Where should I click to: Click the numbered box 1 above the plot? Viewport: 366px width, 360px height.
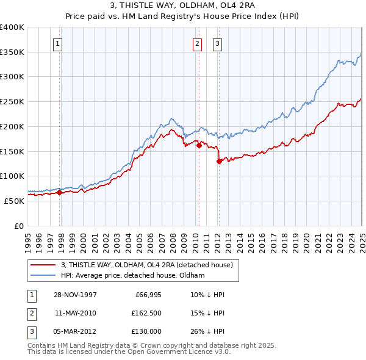pyautogui.click(x=57, y=43)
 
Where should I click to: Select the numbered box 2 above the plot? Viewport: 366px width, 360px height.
pyautogui.click(x=198, y=43)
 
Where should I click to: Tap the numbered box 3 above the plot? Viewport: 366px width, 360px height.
pyautogui.click(x=218, y=43)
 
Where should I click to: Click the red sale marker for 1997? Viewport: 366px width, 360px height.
pyautogui.click(x=60, y=192)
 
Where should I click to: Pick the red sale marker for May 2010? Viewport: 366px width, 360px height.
pyautogui.click(x=199, y=145)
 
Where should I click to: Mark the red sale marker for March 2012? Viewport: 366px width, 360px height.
pyautogui.click(x=219, y=161)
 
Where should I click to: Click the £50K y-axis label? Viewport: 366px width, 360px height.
pyautogui.click(x=15, y=201)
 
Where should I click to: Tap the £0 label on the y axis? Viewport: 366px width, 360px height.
pyautogui.click(x=20, y=226)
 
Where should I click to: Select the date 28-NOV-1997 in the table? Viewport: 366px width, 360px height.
pyautogui.click(x=75, y=295)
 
